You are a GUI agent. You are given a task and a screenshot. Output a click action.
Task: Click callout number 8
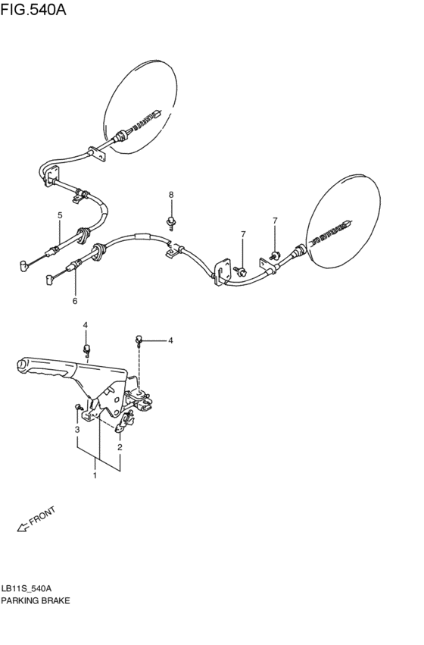point(171,196)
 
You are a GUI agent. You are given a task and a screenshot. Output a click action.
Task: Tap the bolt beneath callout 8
point(173,221)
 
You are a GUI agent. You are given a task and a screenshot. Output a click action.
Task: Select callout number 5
point(59,217)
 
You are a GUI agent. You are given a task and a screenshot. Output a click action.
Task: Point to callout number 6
point(74,302)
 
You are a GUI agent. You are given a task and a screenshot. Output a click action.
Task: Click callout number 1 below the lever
point(95,477)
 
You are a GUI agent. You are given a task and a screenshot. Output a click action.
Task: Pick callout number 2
point(120,447)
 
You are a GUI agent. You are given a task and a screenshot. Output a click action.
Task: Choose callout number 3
point(76,431)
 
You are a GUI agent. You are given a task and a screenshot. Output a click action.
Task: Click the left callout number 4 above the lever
point(86,325)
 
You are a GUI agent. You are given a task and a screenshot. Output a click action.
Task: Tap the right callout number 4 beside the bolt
point(170,341)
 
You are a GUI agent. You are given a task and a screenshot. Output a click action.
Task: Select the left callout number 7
point(243,234)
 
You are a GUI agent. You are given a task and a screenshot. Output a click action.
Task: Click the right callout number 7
point(275,221)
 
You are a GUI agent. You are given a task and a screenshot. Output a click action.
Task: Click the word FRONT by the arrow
point(42,518)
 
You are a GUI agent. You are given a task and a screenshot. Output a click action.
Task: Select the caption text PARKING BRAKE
point(36,601)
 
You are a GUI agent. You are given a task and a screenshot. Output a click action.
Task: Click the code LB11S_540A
point(27,588)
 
